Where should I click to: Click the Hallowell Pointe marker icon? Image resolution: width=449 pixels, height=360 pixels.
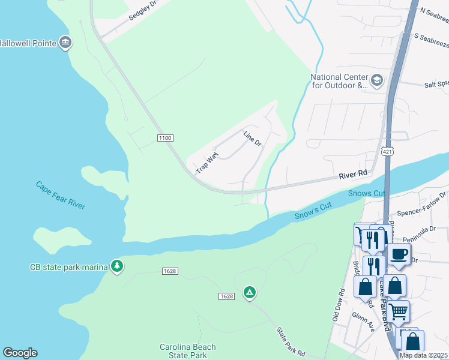[x=66, y=43]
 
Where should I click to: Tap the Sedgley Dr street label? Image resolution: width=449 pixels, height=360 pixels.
[x=142, y=11]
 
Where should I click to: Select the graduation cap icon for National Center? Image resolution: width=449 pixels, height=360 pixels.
[x=377, y=80]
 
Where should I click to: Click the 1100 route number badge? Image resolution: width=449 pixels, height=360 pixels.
[x=165, y=138]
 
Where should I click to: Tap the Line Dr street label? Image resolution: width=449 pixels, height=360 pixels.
[x=253, y=139]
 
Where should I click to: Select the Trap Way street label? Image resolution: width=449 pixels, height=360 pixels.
[x=206, y=163]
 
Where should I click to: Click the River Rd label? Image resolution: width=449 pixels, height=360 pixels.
[x=352, y=173]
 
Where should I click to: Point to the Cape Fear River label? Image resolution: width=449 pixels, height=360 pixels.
[x=60, y=195]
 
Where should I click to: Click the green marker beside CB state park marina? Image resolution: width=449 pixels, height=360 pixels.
[x=117, y=266]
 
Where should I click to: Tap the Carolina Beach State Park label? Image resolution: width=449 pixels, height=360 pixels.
[x=187, y=351]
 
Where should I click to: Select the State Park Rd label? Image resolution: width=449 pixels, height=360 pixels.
[x=291, y=341]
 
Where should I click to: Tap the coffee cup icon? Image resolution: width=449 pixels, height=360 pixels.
[x=399, y=254]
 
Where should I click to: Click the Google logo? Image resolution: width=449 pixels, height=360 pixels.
[x=20, y=353]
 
